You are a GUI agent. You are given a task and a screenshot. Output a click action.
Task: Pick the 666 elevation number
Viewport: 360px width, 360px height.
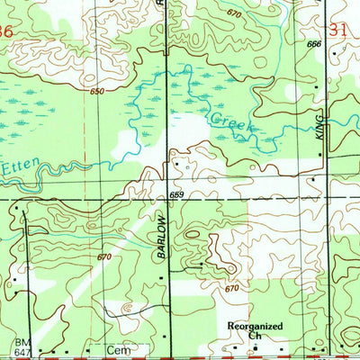click(313, 44)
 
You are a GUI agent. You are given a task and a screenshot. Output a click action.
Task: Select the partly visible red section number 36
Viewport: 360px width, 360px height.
click(7, 31)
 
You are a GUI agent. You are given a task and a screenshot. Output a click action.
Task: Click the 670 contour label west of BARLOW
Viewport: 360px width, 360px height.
click(104, 257)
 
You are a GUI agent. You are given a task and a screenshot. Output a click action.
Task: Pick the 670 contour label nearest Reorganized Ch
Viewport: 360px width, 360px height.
click(232, 288)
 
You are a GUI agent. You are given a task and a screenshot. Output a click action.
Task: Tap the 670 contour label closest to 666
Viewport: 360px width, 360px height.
click(235, 14)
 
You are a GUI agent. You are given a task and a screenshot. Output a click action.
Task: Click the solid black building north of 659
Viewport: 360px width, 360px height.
click(176, 165)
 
